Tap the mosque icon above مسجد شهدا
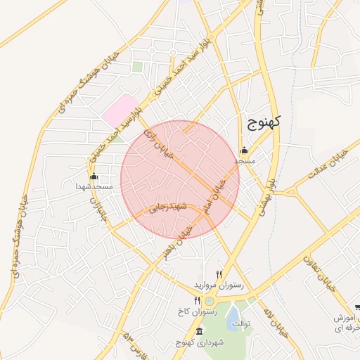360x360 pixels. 94,176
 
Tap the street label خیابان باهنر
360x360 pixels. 179,241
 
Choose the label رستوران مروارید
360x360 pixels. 219,285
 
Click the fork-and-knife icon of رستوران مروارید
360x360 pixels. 219,275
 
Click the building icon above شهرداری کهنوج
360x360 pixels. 199,332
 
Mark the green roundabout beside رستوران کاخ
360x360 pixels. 209,302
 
